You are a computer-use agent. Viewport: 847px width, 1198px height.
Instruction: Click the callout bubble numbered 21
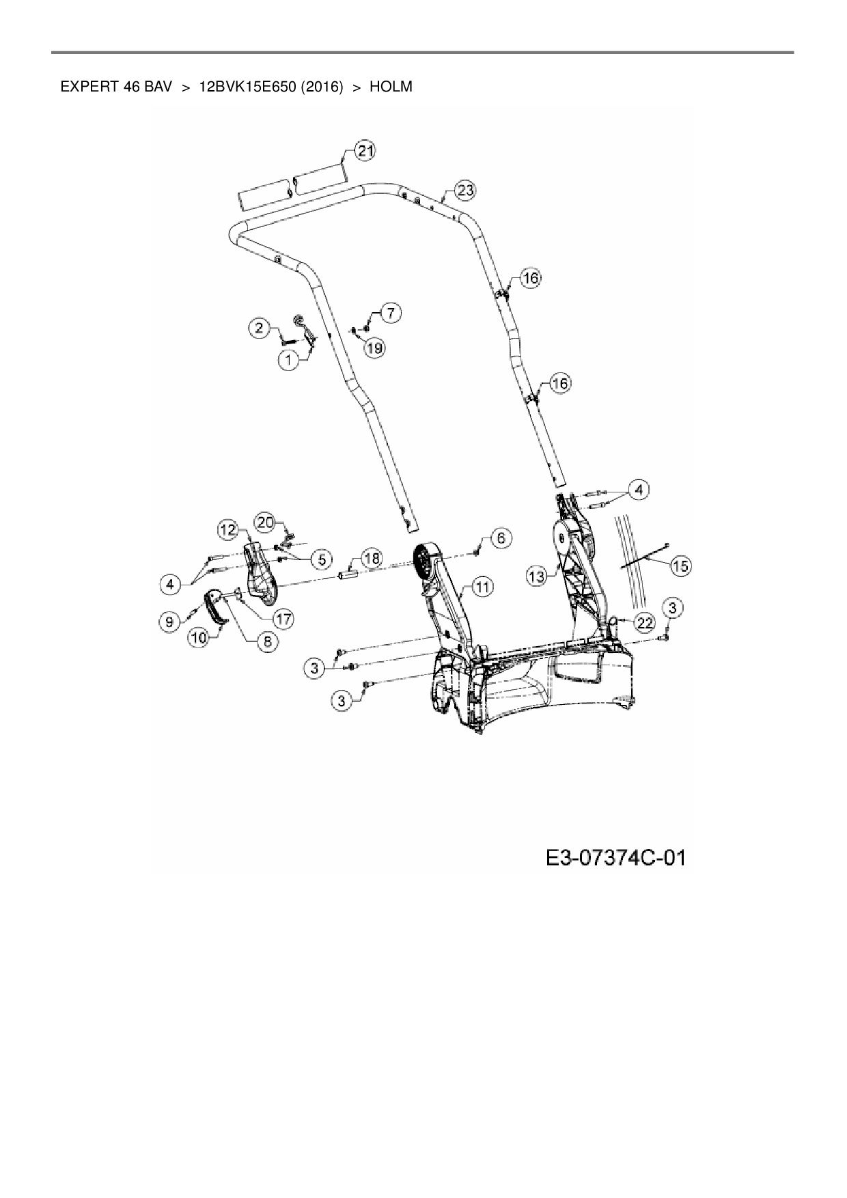(366, 151)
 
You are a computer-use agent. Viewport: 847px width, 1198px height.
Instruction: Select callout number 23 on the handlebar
(465, 191)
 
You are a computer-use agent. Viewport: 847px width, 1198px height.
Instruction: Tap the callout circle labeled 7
(390, 314)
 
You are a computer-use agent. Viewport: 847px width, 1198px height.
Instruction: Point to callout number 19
(374, 348)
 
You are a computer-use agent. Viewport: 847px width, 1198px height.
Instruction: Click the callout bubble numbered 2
(259, 329)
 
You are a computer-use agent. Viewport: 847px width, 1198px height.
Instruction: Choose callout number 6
(501, 538)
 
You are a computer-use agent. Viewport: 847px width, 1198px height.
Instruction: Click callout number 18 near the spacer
(372, 559)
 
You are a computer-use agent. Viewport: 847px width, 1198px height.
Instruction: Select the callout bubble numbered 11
(482, 587)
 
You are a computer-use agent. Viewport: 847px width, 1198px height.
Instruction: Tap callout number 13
(537, 577)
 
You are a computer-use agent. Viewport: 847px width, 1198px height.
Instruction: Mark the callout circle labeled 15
(680, 566)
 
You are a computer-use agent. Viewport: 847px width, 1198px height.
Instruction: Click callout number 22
(645, 622)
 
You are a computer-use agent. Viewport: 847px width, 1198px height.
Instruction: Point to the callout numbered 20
(265, 523)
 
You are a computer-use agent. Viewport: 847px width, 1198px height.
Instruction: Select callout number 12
(228, 529)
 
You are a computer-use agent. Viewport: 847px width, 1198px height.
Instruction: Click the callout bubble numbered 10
(199, 638)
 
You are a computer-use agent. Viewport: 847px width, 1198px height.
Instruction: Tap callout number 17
(283, 619)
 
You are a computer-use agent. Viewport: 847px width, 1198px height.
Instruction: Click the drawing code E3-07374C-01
(615, 857)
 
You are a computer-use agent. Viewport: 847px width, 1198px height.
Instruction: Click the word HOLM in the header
(391, 87)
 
